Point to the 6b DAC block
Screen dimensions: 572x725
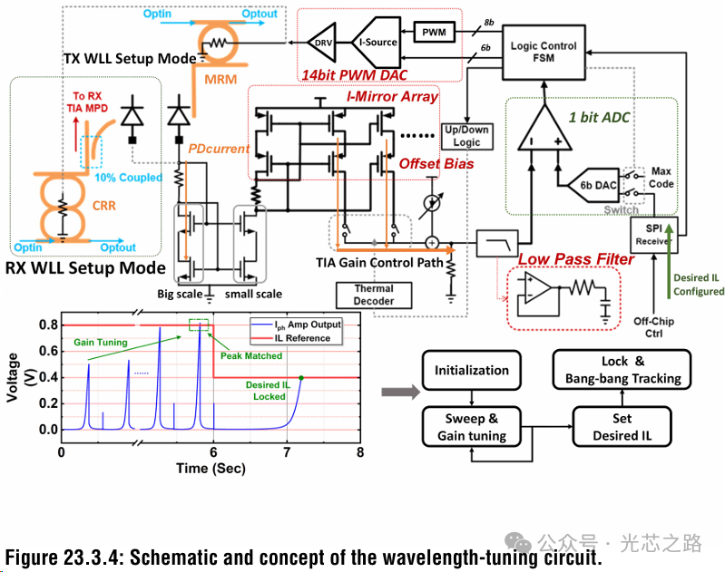(x=593, y=186)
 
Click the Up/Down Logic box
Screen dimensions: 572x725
(x=465, y=137)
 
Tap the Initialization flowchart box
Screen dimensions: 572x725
(x=472, y=370)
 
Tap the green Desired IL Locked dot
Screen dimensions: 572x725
(x=300, y=377)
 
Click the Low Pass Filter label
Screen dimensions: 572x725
(x=575, y=260)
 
